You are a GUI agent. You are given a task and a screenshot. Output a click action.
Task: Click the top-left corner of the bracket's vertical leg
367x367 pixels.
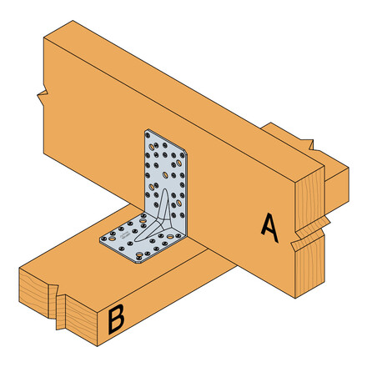coord(146,131)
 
